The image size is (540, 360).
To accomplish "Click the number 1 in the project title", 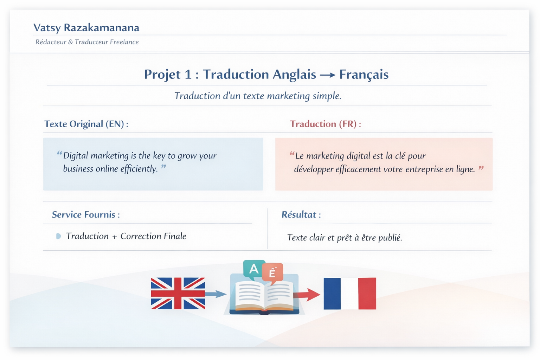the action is click(188, 74).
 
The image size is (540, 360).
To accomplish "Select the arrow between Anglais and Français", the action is click(328, 75).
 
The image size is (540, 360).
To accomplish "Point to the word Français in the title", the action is click(364, 75).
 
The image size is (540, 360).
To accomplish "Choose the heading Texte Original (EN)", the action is click(86, 124).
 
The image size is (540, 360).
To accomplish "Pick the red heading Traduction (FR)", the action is click(326, 124).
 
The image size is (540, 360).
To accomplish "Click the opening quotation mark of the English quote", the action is click(59, 153).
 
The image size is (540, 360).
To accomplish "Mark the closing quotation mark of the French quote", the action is click(481, 168).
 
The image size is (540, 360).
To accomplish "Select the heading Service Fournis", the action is click(86, 214).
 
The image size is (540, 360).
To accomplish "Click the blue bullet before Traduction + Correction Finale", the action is click(58, 236).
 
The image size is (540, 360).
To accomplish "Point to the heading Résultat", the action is click(301, 214).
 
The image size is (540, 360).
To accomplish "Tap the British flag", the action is click(178, 293).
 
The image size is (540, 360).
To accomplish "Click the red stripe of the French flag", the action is click(367, 294).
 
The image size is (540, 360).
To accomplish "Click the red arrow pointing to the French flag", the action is click(307, 295).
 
